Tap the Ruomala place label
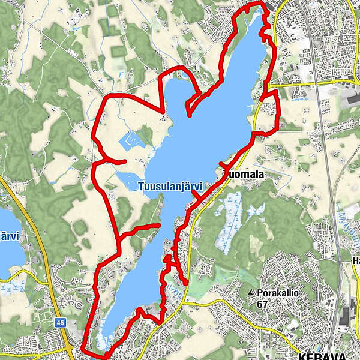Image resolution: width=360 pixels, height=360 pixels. [x=244, y=173]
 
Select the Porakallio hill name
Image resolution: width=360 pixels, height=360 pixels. [x=278, y=293]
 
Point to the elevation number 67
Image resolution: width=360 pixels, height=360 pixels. [x=263, y=304]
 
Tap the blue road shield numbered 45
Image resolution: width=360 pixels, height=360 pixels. [x=59, y=323]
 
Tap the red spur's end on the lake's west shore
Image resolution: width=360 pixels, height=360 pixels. [x=159, y=226]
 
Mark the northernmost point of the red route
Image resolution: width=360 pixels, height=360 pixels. [x=256, y=2]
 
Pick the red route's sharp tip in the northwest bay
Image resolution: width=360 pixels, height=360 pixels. [x=188, y=115]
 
